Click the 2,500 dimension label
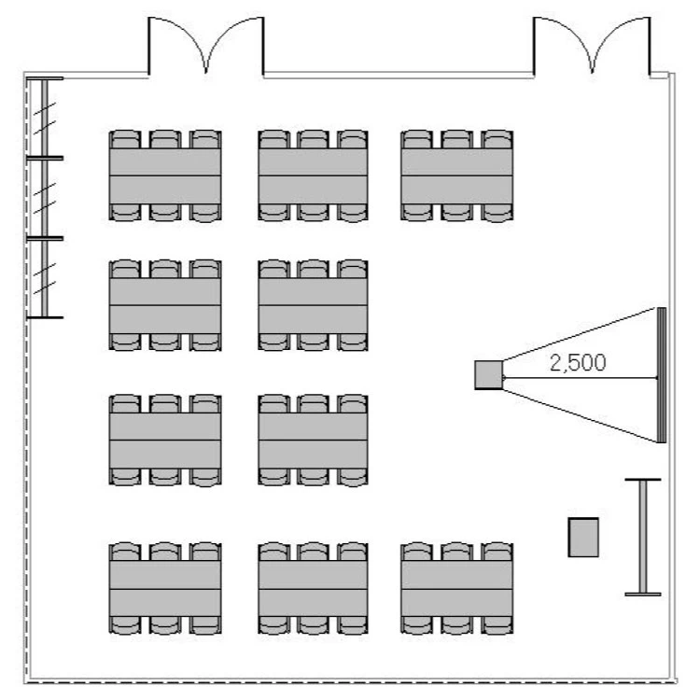(x=577, y=363)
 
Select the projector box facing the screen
(x=488, y=374)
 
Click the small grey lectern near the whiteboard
(x=583, y=537)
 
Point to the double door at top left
(x=206, y=47)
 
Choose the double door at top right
(x=590, y=47)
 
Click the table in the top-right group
(x=457, y=175)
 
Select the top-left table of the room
(x=165, y=175)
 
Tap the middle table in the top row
(x=313, y=175)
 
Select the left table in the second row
(x=165, y=305)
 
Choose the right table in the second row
(x=313, y=305)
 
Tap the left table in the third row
(x=165, y=440)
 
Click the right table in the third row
(x=313, y=440)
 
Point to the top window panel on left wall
(x=43, y=119)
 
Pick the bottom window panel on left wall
(x=43, y=278)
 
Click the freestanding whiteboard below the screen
(x=643, y=537)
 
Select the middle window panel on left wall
(x=43, y=199)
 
